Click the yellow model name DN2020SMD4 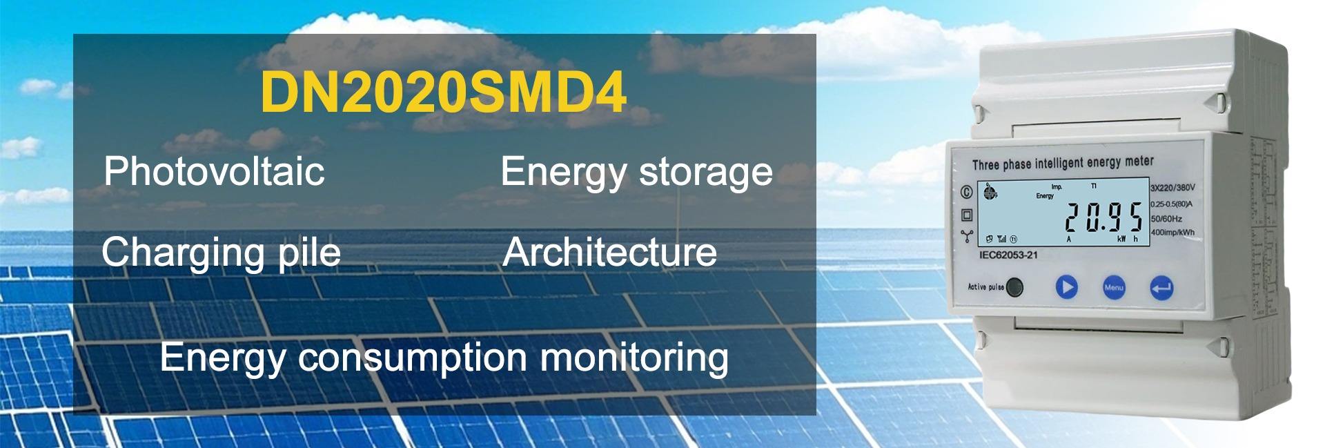coord(444,92)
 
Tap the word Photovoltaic coord(214,171)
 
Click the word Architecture coord(609,252)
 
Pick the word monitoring coord(634,358)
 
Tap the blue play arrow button coord(1066,286)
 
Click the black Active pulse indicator coord(1014,287)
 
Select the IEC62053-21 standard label coord(1008,255)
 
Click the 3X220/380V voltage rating coord(1172,188)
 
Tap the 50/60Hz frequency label coord(1166,218)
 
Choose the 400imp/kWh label coord(1172,233)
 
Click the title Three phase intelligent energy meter coord(1063,163)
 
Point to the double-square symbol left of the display coord(966,215)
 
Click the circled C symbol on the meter coord(966,193)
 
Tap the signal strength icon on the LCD coord(1002,240)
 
